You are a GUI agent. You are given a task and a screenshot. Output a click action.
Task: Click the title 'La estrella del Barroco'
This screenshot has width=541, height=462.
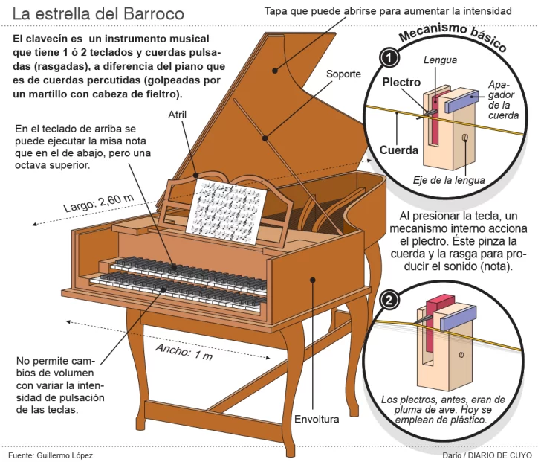98,14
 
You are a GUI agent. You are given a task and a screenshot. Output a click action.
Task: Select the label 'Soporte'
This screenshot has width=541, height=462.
343,74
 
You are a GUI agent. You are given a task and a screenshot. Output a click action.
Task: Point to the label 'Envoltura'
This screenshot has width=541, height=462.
317,418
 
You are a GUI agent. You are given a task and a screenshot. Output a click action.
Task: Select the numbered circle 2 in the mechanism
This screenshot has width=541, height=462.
387,300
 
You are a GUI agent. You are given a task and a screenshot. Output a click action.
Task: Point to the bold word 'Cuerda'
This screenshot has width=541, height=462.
399,150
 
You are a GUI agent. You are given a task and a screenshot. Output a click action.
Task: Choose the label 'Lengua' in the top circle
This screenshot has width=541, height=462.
439,60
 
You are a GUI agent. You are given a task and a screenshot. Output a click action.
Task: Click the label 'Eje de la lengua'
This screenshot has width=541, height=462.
449,180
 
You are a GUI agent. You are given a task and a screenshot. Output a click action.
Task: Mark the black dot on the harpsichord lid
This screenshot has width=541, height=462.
275,71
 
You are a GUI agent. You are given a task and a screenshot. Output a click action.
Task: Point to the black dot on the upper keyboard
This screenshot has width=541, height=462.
176,266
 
